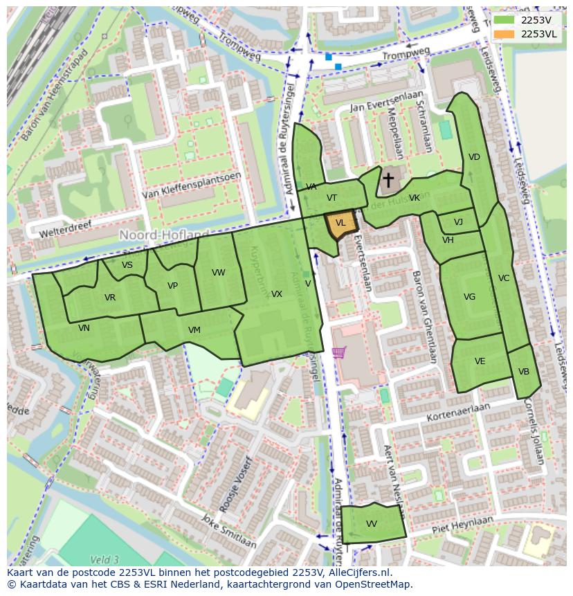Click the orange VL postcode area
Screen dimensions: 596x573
point(340,224)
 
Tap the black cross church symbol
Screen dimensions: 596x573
point(388,181)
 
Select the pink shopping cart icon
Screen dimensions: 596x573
point(338,353)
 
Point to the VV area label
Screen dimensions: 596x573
point(372,524)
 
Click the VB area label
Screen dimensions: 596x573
point(524,372)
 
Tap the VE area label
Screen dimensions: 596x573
point(480,361)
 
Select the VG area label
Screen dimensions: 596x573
point(469,297)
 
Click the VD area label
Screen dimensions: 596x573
point(474,157)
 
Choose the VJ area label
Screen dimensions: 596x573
point(458,222)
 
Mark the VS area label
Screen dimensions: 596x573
point(127,265)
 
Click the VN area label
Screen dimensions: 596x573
point(84,328)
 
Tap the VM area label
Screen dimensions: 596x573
point(194,330)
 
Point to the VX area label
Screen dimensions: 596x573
point(277,294)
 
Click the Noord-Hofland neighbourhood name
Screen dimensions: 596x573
point(164,235)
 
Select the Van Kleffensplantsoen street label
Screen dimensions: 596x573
point(192,186)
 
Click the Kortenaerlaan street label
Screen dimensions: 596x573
point(458,412)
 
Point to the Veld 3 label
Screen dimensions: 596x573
point(104,559)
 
